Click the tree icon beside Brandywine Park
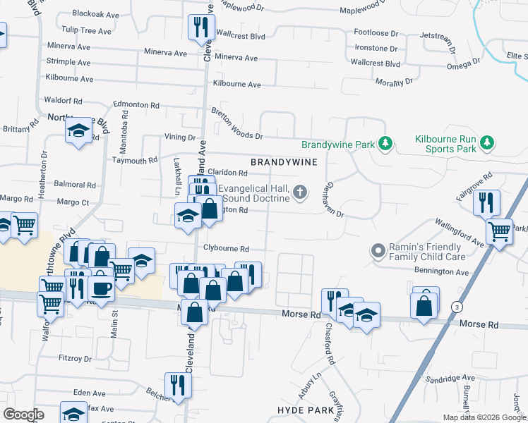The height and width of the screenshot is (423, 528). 385,144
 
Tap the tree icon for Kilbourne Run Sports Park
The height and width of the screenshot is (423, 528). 486,144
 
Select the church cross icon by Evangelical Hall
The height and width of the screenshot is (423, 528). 301,192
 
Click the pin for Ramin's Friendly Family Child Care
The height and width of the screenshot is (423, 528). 378,251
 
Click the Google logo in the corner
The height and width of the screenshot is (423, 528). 23,415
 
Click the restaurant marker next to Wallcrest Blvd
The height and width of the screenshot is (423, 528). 201,28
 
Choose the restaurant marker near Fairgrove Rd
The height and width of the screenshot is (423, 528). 486,202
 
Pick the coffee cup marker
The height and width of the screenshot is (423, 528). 101,289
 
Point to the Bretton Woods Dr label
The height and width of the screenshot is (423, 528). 237,124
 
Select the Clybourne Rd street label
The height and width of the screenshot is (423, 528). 226,249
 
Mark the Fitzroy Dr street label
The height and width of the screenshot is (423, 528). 75,359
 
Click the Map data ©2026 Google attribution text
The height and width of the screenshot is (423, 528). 483,417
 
